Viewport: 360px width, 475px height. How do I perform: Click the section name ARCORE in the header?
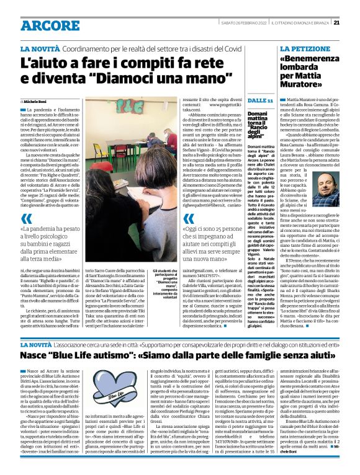(47, 25)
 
